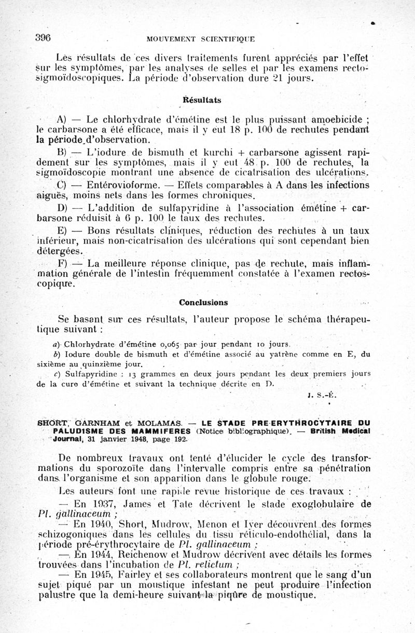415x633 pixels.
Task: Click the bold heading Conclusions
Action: click(x=203, y=302)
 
